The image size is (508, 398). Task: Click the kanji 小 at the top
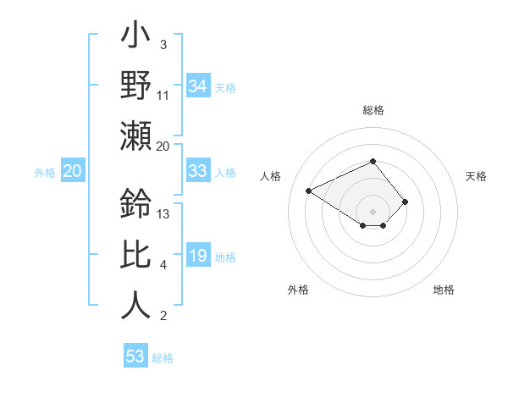pos(135,37)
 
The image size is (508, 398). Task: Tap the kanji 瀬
pos(135,135)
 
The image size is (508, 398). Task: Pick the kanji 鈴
pos(135,204)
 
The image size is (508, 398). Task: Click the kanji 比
pos(135,255)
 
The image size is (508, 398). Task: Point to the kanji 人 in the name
pos(135,306)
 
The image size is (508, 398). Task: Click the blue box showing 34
pos(197,86)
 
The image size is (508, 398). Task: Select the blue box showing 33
pos(197,171)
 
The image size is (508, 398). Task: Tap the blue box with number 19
pos(197,256)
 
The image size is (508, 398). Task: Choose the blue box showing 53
pos(135,356)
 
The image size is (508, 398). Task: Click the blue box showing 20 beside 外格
pos(72,171)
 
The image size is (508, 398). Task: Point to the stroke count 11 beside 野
pos(163,96)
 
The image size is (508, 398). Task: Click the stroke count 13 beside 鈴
pos(163,213)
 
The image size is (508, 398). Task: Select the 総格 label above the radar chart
pos(373,110)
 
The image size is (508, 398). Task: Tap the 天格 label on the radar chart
pos(477,176)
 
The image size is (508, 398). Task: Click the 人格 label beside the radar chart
pos(270,176)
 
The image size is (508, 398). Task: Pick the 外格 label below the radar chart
pos(298,290)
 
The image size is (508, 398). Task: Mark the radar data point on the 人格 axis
pos(309,191)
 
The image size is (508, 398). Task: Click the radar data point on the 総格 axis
pos(373,161)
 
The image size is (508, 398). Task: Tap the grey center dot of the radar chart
pos(373,211)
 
